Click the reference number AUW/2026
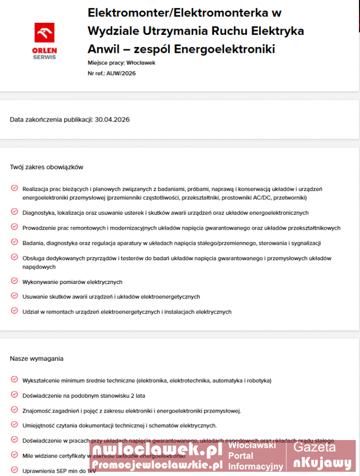121,74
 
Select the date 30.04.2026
112,120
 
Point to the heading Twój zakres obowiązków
47,167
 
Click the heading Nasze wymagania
37,359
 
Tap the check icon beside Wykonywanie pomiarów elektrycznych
14,281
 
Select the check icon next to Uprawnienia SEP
14,470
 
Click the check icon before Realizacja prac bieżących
14,188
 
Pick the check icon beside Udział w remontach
14,311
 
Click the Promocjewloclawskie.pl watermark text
157,464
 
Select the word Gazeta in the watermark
314,447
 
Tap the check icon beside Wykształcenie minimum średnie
14,380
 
